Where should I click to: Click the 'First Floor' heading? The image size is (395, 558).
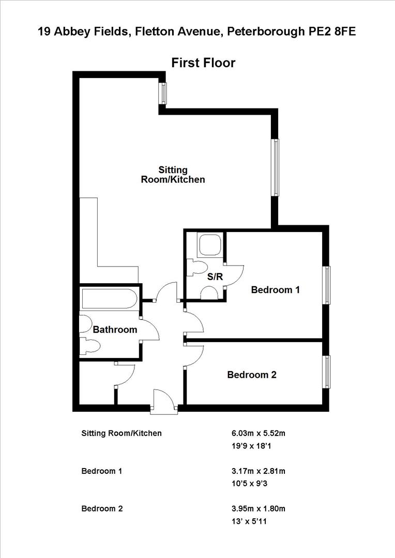tap(203, 63)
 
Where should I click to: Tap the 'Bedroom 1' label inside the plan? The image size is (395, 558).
tap(275, 290)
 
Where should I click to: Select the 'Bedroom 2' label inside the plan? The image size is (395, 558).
tap(252, 375)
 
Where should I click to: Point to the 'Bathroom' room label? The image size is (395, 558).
tap(115, 330)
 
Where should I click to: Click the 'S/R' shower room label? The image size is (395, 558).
tap(215, 277)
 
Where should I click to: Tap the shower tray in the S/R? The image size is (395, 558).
tap(210, 244)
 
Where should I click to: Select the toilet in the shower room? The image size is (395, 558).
tap(196, 267)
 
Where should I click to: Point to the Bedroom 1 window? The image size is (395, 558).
tap(326, 285)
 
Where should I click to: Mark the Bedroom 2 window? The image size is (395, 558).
tap(326, 371)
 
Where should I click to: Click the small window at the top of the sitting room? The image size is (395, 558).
tap(163, 93)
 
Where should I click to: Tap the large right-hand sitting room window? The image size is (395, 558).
tap(276, 167)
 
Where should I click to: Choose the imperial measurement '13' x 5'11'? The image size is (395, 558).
tap(250, 521)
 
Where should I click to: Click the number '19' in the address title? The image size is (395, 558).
tap(44, 32)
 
